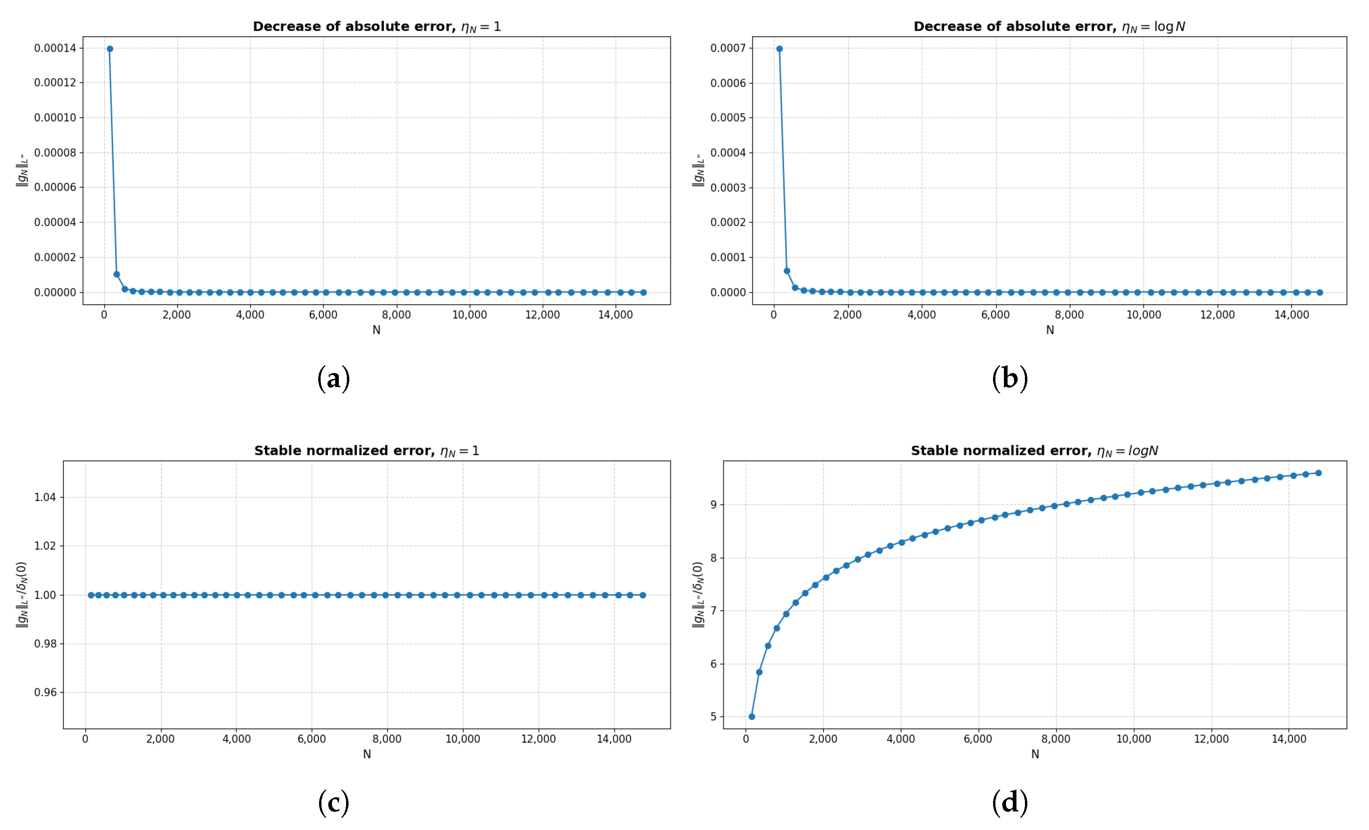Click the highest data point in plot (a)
(110, 49)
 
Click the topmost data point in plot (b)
(779, 49)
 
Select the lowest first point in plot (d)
(752, 717)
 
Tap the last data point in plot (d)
(1319, 473)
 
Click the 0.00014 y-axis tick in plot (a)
(55, 48)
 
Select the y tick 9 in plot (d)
(714, 505)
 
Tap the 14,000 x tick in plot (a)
(615, 315)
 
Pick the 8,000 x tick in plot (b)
(1069, 315)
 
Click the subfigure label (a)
(333, 379)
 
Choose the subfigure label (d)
(1010, 803)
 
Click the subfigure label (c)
(333, 803)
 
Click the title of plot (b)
(1049, 27)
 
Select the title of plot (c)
(367, 451)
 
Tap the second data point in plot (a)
(117, 275)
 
